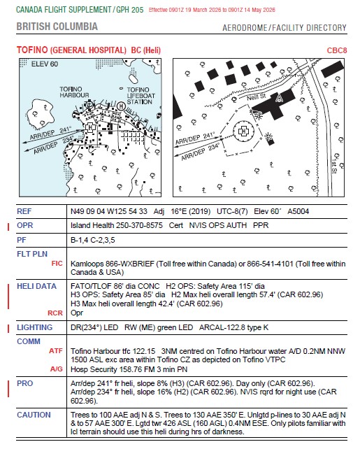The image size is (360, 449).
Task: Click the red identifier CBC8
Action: click(x=336, y=50)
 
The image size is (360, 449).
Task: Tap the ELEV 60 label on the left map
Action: click(x=44, y=64)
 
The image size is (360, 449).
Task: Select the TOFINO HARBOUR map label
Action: click(x=74, y=92)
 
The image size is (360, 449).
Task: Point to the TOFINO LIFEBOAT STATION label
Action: click(x=141, y=96)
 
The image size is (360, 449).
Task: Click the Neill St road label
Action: click(x=256, y=97)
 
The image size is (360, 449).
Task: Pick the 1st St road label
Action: click(x=334, y=166)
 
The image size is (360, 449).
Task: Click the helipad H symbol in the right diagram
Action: click(x=243, y=131)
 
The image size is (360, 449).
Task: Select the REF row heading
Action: click(x=24, y=211)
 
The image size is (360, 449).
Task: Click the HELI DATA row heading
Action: click(x=36, y=286)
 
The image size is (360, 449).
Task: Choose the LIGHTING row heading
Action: click(x=35, y=327)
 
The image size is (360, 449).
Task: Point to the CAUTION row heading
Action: click(x=34, y=415)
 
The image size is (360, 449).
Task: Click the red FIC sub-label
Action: click(x=57, y=264)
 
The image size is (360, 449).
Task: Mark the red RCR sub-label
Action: click(x=55, y=313)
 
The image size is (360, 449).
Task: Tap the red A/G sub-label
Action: click(x=57, y=369)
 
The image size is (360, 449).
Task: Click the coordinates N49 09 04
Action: click(x=88, y=211)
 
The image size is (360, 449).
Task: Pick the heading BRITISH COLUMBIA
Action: click(x=57, y=27)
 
